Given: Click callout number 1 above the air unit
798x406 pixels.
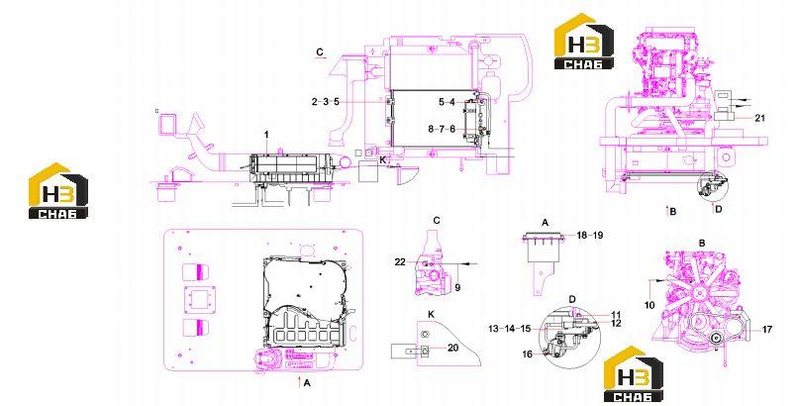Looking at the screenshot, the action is point(265,134).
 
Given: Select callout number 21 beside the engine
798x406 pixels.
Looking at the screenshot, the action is point(759,118).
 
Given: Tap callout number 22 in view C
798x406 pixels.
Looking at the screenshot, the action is point(400,262).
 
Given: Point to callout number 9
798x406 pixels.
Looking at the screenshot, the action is point(457,288).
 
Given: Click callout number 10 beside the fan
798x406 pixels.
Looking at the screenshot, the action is point(649,305).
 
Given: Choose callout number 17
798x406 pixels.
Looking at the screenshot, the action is point(767,330).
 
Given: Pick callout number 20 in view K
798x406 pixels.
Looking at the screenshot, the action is point(452,348).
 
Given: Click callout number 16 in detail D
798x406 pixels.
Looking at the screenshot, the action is point(528,354).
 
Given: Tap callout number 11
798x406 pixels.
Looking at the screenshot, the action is point(616,315).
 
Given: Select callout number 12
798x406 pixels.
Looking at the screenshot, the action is point(616,323).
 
